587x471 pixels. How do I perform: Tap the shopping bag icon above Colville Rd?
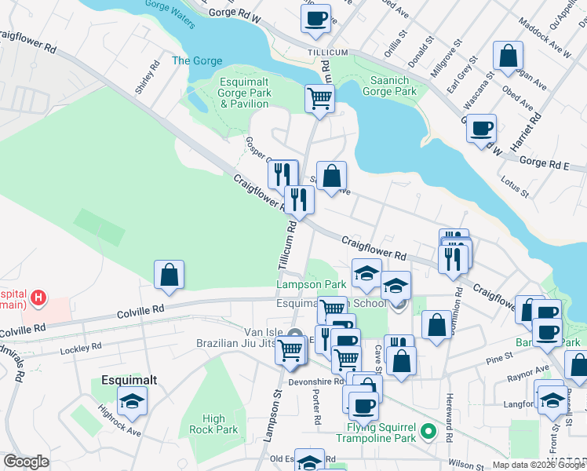(169, 275)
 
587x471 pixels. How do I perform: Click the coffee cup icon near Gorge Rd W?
(315, 19)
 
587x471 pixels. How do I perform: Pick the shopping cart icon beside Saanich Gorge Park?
(319, 99)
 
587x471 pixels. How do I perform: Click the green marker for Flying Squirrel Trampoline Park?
(428, 431)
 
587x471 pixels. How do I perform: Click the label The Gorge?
(197, 60)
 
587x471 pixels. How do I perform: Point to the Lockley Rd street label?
(81, 346)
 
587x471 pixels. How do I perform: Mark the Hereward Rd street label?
(450, 418)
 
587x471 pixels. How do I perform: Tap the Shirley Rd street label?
(144, 78)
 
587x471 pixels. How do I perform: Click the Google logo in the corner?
(26, 462)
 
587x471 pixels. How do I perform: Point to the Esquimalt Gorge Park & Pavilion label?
(244, 93)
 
